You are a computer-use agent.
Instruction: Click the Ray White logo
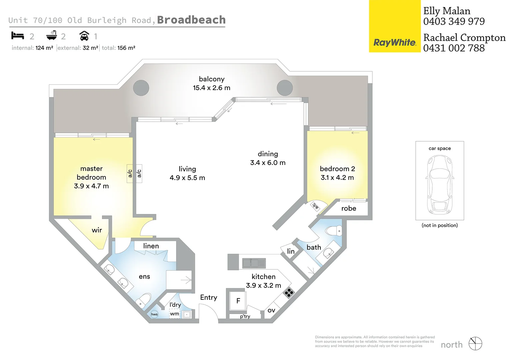(x=395, y=43)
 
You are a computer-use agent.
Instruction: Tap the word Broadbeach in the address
(x=191, y=20)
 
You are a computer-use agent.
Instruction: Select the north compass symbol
(x=475, y=344)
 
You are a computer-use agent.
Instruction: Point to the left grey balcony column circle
(x=141, y=88)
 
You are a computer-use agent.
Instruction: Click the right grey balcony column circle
(x=285, y=88)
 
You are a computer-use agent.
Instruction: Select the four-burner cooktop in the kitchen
(x=289, y=293)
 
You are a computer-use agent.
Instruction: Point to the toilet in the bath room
(x=334, y=231)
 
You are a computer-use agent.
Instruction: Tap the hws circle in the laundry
(x=154, y=314)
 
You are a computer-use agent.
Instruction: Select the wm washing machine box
(x=175, y=314)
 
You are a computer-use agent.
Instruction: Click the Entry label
(x=209, y=297)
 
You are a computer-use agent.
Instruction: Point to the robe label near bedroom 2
(x=349, y=208)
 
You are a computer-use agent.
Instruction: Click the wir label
(x=97, y=230)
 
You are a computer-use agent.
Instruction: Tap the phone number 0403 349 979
(x=454, y=21)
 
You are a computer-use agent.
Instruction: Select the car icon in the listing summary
(x=84, y=36)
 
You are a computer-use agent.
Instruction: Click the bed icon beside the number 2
(x=18, y=36)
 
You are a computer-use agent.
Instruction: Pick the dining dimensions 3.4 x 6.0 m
(x=268, y=163)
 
